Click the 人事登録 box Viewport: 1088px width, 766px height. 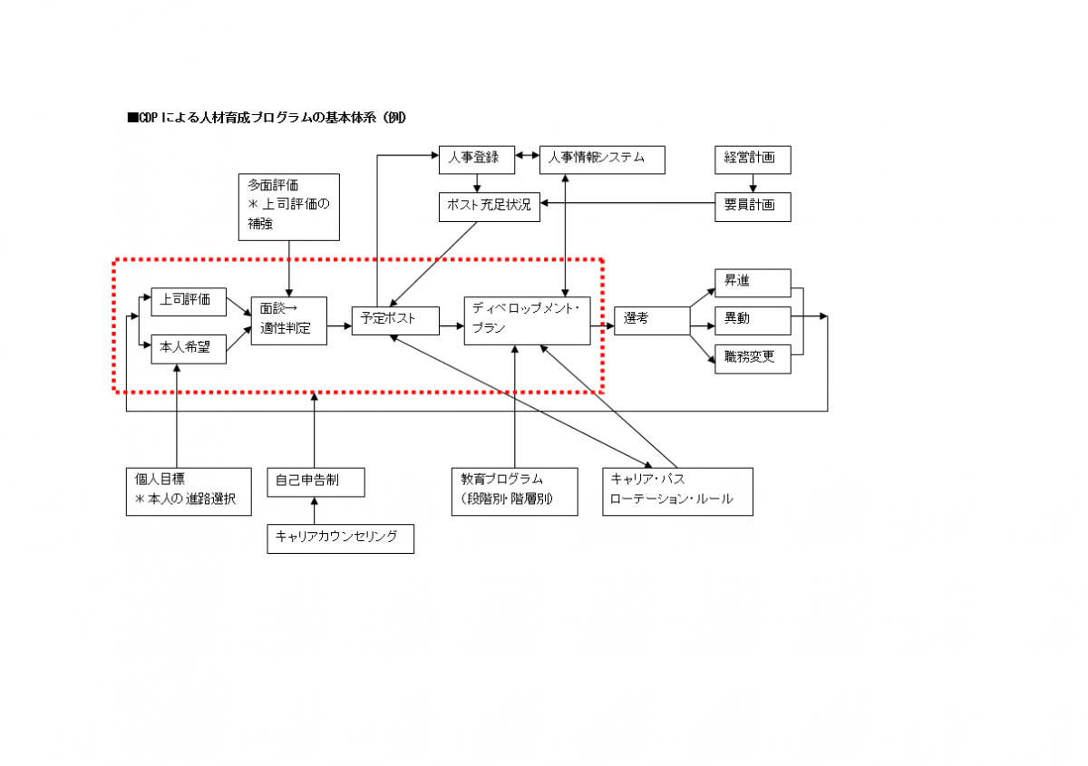(477, 160)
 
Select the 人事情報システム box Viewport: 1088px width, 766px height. (602, 160)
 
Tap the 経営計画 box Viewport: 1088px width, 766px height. (752, 160)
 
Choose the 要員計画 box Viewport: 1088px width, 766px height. (752, 207)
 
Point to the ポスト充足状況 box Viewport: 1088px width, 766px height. (489, 207)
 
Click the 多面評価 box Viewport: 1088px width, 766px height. (288, 207)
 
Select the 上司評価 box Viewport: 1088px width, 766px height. (189, 301)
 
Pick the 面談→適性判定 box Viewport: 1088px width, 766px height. (288, 321)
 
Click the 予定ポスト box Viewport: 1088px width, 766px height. (394, 320)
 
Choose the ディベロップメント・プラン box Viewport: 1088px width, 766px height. (527, 320)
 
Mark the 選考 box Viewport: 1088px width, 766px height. (652, 320)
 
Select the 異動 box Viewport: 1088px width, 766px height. (752, 320)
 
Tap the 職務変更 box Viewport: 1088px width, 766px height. (752, 358)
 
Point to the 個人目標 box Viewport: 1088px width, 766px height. (188, 491)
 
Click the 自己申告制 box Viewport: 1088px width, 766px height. (316, 482)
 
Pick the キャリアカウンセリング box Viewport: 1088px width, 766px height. (340, 538)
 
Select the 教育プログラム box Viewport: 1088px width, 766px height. (514, 491)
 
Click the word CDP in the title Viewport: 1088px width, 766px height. (149, 119)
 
